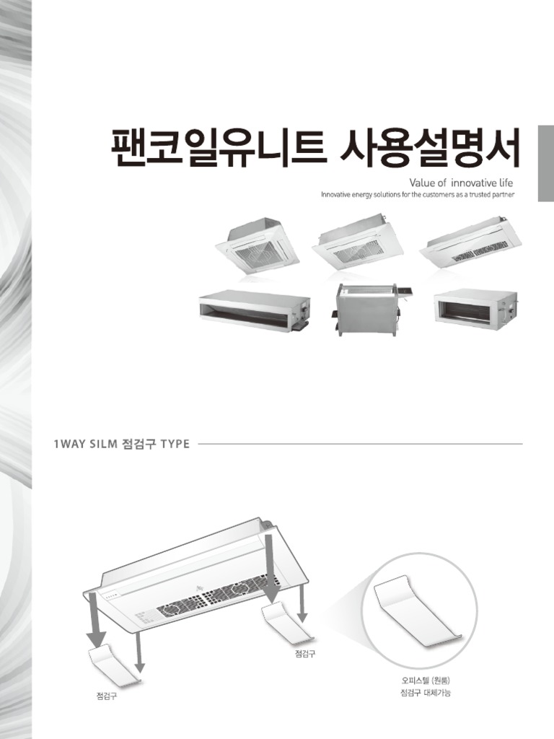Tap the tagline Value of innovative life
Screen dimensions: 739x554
pos(461,183)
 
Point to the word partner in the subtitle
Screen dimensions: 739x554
pos(509,195)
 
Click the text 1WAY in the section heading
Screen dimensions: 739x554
pos(69,444)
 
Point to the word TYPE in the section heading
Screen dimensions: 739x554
pos(175,444)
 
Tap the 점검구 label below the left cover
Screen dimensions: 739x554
pos(107,696)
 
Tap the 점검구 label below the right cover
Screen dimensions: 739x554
pos(305,655)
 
